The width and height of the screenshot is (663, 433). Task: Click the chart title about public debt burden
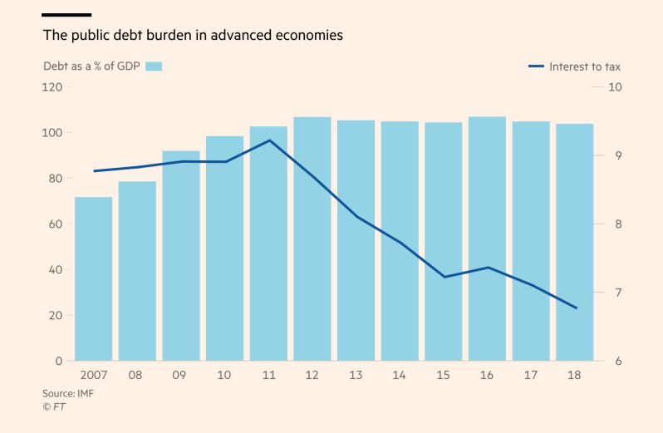(193, 36)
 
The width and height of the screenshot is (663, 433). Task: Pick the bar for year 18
(574, 242)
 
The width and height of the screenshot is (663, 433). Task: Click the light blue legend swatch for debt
(153, 66)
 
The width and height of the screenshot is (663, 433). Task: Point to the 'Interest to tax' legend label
(585, 66)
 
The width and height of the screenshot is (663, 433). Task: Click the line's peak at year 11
(269, 140)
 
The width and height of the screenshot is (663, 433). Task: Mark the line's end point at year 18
(576, 308)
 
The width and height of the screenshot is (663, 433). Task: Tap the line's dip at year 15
(444, 277)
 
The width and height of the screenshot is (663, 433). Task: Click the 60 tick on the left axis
(54, 224)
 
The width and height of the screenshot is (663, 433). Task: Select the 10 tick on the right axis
(616, 87)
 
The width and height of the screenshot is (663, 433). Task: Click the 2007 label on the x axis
(92, 376)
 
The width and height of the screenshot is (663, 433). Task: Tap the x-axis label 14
(400, 376)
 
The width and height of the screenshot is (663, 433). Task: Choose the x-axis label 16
(487, 376)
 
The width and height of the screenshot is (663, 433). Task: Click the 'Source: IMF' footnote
(68, 393)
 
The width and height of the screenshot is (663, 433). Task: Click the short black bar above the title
(66, 15)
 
